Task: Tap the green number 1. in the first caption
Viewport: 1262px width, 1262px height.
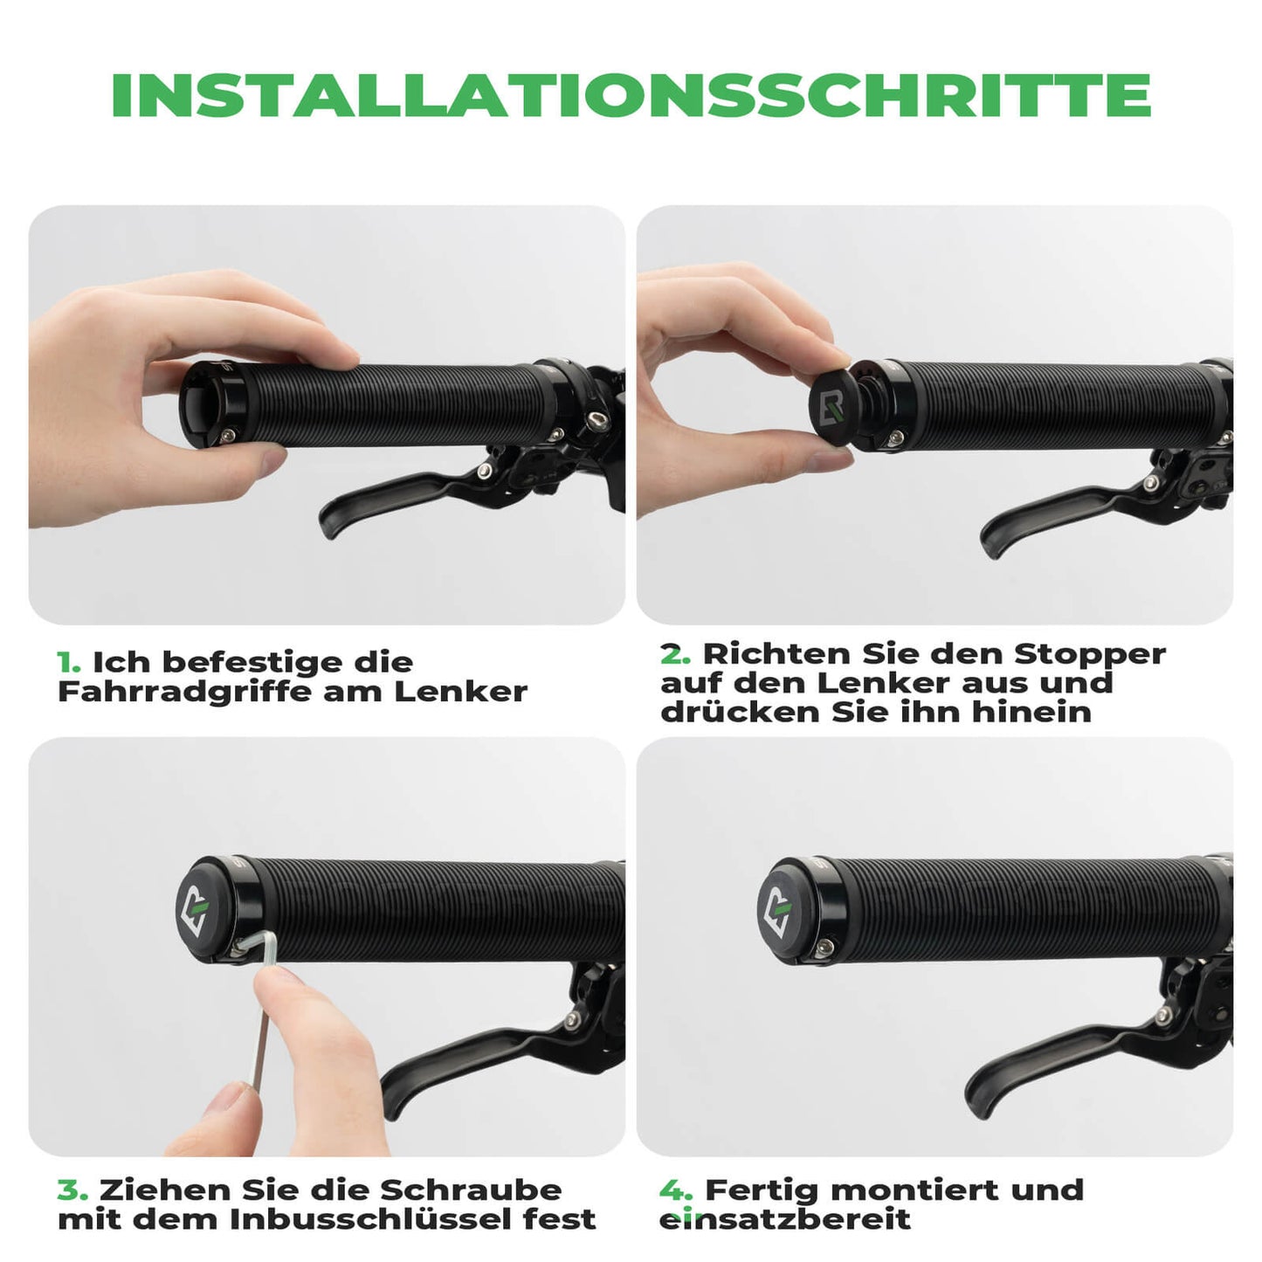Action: tap(69, 662)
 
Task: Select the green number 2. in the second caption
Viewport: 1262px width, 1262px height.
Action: tap(675, 653)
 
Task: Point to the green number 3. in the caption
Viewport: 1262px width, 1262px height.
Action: tap(72, 1190)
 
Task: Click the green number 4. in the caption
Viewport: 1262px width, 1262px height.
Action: tap(676, 1190)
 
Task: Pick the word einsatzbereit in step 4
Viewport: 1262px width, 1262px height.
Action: tap(784, 1219)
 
